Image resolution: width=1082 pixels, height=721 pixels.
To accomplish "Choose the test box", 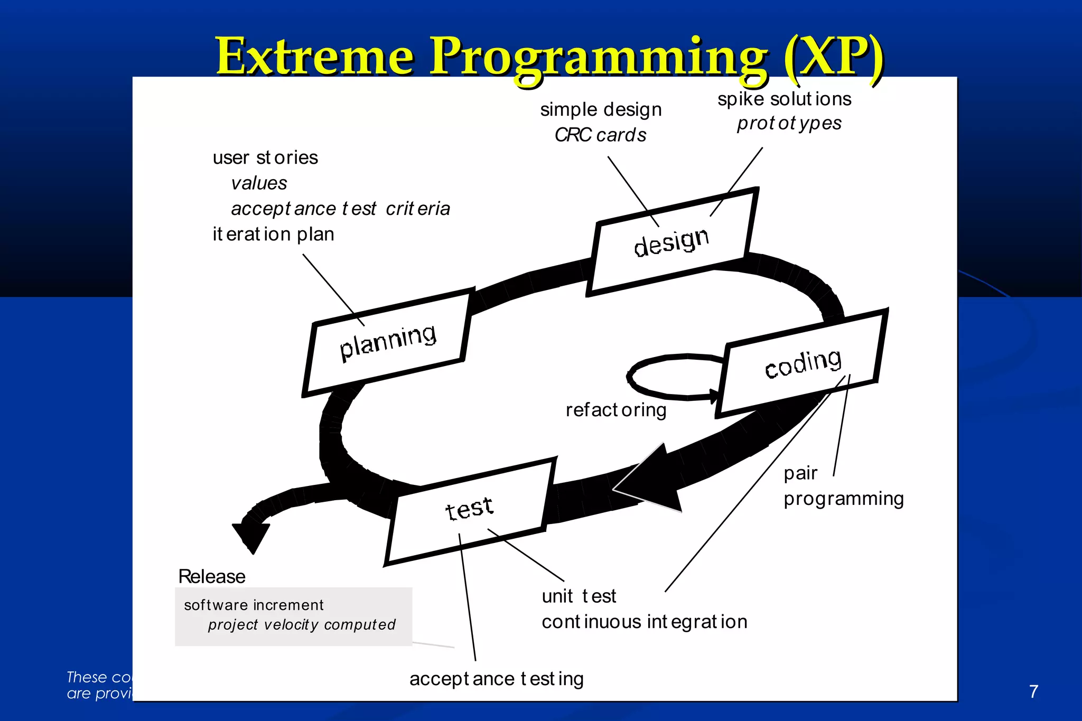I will click(469, 510).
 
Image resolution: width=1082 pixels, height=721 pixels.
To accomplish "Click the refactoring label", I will click(616, 410).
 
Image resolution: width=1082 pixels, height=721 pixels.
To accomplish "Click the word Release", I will click(212, 576).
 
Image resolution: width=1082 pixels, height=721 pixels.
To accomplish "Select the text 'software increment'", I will click(254, 605).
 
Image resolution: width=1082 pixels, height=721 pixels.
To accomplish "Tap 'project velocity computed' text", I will click(301, 625).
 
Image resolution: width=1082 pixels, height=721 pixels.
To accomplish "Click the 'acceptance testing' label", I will click(496, 679).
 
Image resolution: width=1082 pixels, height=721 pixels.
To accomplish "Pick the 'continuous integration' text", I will click(644, 622).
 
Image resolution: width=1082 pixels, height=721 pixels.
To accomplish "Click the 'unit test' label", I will click(579, 596).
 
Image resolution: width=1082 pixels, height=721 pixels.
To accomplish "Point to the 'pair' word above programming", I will click(800, 473).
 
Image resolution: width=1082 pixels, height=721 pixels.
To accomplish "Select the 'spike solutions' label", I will click(784, 99).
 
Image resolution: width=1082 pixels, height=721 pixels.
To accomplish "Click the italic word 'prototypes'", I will click(789, 124).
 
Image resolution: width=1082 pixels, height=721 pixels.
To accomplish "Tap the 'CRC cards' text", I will click(600, 135).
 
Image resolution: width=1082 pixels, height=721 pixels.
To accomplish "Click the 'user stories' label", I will click(265, 157).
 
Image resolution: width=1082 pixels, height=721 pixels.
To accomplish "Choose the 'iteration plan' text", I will click(273, 234).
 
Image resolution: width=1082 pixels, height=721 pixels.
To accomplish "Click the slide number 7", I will click(1034, 691).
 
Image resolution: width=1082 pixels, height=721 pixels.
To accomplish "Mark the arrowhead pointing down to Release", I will click(251, 536).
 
